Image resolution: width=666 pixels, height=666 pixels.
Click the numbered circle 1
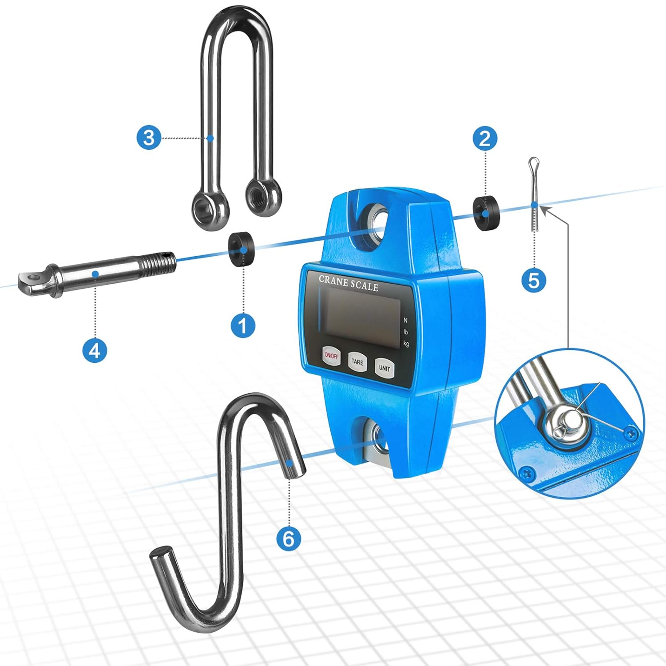point(243,325)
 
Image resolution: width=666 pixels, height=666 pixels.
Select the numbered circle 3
point(148,138)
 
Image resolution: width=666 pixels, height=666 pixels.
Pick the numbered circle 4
point(95,351)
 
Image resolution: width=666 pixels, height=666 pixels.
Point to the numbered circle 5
point(534,280)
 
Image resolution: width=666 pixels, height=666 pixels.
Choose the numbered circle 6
point(289,539)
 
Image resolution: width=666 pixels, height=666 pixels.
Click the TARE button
point(357,362)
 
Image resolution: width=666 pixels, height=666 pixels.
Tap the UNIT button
point(385,368)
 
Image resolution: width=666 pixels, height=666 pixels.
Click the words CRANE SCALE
point(349,283)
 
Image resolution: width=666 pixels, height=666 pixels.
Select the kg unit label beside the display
point(406,343)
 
